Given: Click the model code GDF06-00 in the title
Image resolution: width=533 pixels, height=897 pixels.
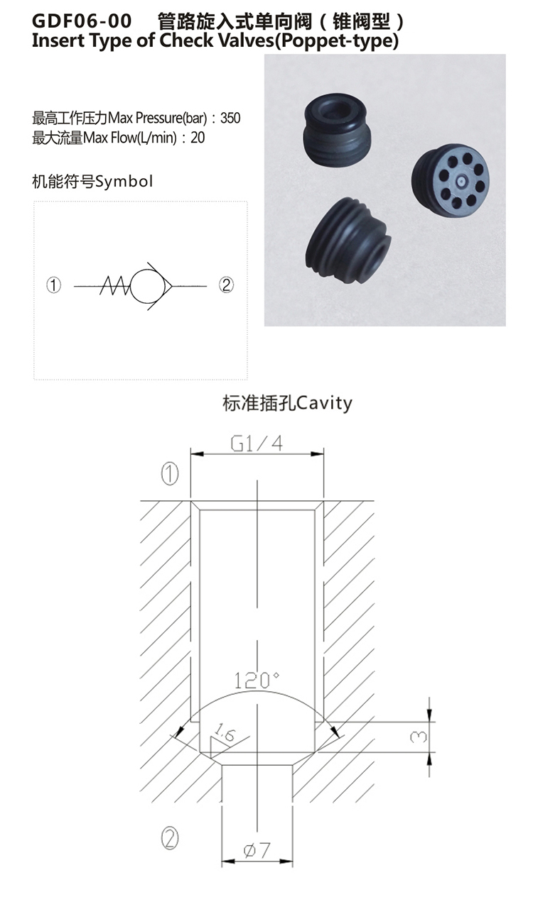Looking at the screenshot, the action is (x=82, y=21).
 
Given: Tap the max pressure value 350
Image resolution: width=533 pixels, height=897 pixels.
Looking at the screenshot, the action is (x=230, y=118).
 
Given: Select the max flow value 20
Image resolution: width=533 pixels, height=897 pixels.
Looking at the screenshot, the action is (x=198, y=138).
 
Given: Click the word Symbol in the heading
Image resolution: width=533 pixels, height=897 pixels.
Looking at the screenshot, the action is (x=124, y=182).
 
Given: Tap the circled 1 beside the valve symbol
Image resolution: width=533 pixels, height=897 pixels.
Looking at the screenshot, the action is (x=54, y=285).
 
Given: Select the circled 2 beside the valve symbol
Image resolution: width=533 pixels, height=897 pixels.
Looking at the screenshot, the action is (x=226, y=285).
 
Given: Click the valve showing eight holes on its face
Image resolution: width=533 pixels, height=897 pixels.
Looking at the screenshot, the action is (x=451, y=180).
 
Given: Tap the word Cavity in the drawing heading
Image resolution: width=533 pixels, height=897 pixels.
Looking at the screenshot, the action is (x=325, y=403).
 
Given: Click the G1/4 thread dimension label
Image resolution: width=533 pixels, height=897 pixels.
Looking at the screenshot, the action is (x=257, y=444).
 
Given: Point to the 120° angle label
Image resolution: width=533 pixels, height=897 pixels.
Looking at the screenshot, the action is (x=257, y=681).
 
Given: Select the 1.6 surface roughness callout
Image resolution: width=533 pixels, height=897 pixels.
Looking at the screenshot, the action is (x=225, y=733).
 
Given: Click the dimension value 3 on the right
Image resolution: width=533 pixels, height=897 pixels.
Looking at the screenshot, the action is (x=419, y=737).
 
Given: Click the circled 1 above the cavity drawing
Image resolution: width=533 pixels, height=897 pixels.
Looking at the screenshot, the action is (x=170, y=474).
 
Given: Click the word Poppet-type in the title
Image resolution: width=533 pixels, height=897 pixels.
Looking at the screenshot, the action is (x=335, y=41).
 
